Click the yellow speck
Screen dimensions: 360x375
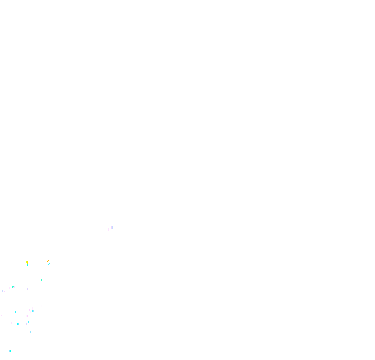click(27, 262)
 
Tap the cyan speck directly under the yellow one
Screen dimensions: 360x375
click(27, 265)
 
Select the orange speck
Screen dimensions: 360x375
click(48, 261)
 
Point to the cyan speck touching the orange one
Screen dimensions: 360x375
click(49, 263)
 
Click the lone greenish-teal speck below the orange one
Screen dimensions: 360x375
click(41, 280)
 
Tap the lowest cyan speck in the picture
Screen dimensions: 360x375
click(10, 351)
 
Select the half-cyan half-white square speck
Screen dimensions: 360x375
click(14, 287)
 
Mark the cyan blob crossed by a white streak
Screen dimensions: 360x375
click(32, 311)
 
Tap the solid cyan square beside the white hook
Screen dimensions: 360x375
click(18, 324)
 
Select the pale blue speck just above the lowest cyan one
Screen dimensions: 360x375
click(30, 331)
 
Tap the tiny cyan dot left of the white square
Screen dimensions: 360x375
click(16, 312)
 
